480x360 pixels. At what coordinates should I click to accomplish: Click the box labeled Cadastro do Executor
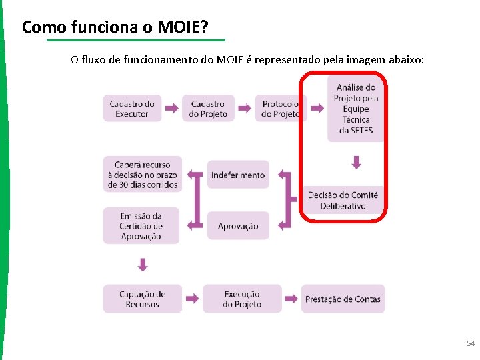132,108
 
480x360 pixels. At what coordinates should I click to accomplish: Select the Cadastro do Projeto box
208,108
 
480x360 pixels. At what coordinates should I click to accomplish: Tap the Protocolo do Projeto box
281,108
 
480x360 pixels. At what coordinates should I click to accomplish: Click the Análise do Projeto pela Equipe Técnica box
356,108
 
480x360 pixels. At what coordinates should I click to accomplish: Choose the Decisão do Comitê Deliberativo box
343,200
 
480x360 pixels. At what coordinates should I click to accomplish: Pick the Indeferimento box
238,175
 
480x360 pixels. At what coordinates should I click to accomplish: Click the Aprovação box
238,226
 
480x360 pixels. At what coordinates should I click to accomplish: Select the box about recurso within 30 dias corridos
141,174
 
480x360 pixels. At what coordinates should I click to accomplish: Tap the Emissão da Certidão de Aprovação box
141,225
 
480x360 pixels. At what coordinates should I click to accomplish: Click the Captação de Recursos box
142,299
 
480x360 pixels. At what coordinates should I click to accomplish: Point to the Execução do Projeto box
242,299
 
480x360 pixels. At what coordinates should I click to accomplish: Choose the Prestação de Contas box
343,299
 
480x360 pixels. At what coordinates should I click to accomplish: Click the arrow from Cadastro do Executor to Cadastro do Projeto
171,108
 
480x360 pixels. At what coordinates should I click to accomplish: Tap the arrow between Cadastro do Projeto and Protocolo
245,108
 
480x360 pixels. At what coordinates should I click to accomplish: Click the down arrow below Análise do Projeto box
357,162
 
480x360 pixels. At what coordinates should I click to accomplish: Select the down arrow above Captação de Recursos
142,265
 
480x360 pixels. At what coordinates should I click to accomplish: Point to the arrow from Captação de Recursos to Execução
193,299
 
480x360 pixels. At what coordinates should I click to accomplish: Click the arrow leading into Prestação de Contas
291,299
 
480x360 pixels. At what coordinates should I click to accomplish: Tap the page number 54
471,343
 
